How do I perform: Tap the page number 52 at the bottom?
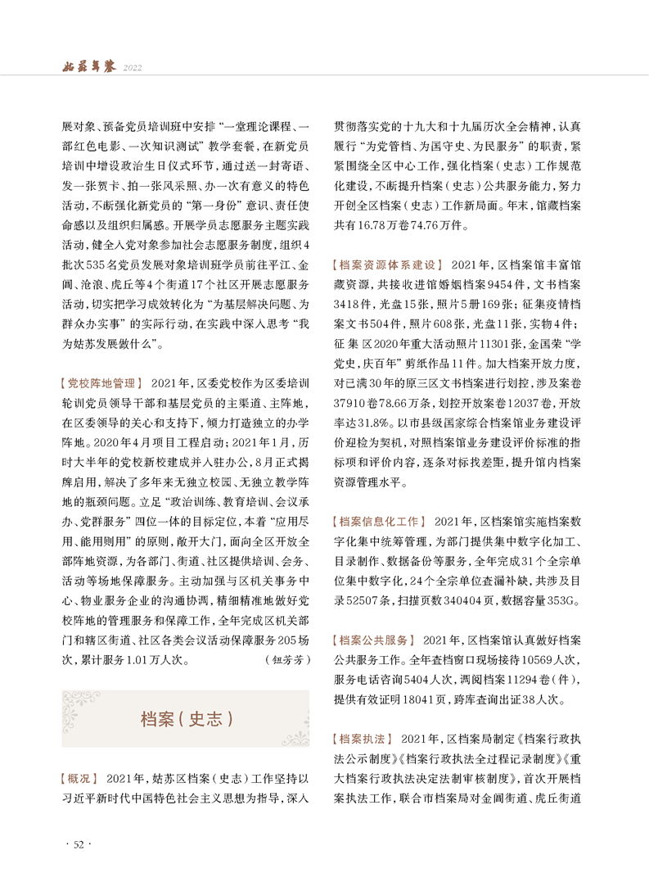79,844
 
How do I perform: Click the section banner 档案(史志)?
186,718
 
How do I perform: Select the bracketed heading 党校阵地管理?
102,382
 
